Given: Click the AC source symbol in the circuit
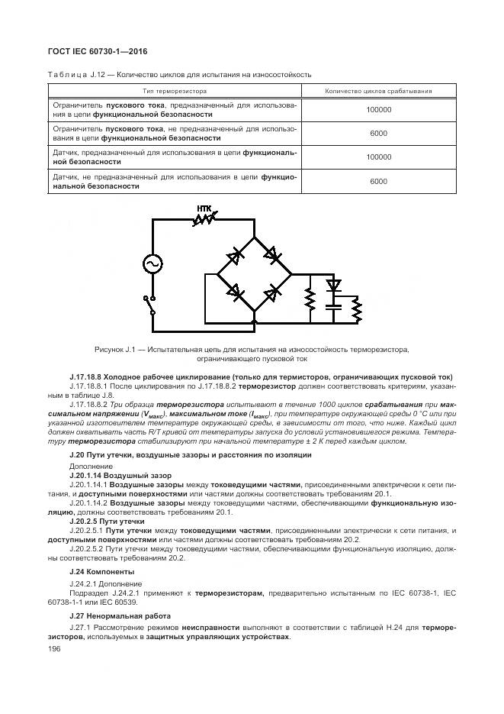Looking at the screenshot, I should [152, 263].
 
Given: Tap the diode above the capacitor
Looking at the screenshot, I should [332, 286].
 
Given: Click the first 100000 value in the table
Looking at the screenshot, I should [378, 110].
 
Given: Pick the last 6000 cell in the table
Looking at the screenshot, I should [378, 182].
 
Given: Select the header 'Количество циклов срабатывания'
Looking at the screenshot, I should [378, 91].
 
